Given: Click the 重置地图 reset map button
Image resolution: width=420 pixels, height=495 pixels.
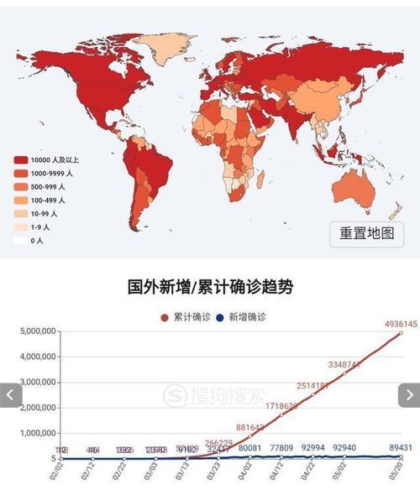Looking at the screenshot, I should click(366, 233).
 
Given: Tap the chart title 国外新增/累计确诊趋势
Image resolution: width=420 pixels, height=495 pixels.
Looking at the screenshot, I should click(210, 287).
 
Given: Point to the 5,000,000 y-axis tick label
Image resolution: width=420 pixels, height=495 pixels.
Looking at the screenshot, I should click(37, 331).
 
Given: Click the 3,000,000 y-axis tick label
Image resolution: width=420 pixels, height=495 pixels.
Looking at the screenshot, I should click(37, 383).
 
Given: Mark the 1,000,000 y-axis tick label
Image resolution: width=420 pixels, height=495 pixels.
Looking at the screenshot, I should click(37, 434).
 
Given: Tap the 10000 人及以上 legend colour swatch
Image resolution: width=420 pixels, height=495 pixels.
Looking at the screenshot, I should click(20, 159).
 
